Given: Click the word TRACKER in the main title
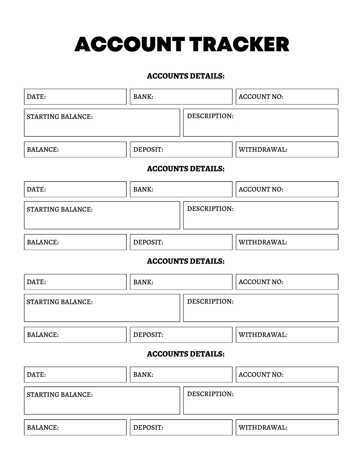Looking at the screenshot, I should (x=240, y=44).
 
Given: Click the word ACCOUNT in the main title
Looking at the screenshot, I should (x=129, y=44).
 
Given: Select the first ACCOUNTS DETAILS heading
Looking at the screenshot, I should (x=186, y=76).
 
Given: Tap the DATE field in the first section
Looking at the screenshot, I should (x=75, y=97).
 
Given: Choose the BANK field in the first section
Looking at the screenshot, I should (x=181, y=97).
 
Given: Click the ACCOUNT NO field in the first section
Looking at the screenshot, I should (x=287, y=97).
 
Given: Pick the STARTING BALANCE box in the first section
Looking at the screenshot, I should (x=102, y=123).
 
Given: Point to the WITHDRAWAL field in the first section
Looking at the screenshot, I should (x=287, y=150).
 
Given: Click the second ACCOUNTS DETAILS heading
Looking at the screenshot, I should (x=186, y=169).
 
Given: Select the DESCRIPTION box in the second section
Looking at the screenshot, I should (x=261, y=215).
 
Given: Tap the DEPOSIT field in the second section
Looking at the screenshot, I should (x=181, y=242).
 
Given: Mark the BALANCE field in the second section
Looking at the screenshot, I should (x=75, y=242).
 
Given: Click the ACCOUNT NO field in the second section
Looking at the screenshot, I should (x=287, y=189).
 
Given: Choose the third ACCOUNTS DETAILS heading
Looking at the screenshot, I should (x=186, y=261).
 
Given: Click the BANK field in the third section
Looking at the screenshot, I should (x=181, y=282).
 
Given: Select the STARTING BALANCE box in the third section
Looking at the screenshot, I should (x=102, y=308).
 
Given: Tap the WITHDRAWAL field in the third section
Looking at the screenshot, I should (x=287, y=335).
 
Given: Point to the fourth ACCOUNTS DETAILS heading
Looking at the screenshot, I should (x=186, y=354).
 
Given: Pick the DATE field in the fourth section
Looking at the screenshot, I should (x=75, y=374).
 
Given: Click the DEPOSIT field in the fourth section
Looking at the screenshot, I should (x=181, y=427).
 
